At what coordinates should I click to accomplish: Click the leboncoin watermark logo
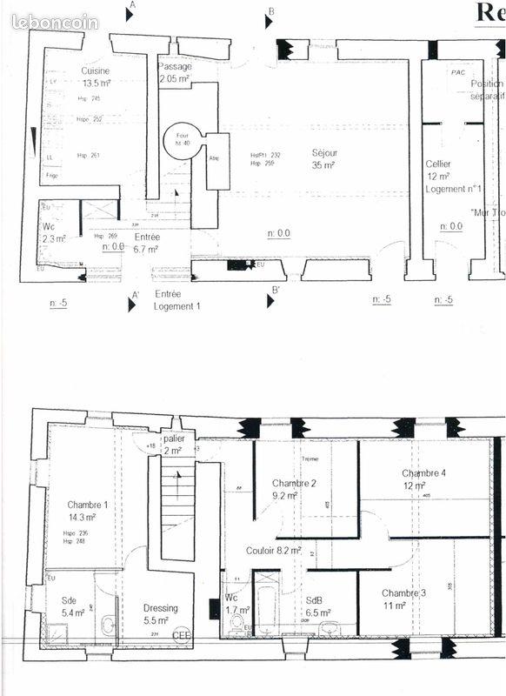(55, 23)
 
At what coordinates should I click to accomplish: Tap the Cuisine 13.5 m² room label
(97, 77)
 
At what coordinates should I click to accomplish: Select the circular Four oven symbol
(183, 138)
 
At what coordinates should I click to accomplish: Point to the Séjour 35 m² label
(324, 158)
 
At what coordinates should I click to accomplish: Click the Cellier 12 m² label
(438, 170)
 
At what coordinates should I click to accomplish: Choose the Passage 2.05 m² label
(175, 73)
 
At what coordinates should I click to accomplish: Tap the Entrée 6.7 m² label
(146, 243)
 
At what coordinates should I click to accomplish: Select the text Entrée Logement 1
(177, 300)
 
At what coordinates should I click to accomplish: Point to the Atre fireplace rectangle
(216, 161)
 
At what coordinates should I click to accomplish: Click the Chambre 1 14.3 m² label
(88, 511)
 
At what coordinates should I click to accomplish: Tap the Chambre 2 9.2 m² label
(294, 490)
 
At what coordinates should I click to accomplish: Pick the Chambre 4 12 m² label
(424, 479)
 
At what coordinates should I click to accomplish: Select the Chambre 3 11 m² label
(404, 599)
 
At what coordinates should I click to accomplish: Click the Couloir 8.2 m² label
(274, 551)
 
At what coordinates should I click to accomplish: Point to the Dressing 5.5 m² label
(160, 615)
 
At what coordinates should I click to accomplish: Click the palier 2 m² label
(173, 445)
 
